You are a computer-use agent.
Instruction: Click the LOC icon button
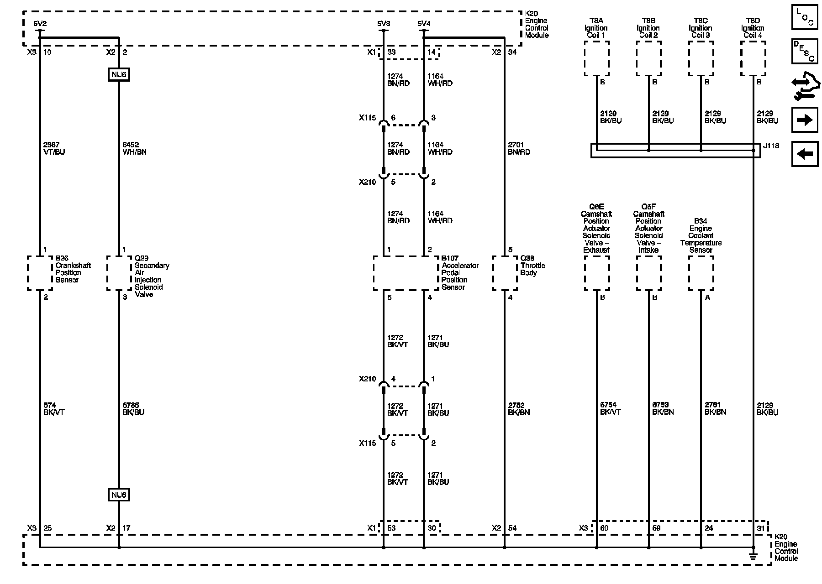[804, 18]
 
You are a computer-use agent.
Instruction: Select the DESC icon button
[804, 51]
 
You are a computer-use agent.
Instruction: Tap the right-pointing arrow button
[804, 120]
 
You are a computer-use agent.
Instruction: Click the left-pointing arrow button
[804, 154]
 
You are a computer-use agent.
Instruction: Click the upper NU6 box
[119, 74]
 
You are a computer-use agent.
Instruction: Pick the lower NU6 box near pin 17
[119, 495]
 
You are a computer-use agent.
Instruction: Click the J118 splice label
[771, 146]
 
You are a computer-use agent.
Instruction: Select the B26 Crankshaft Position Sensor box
[40, 273]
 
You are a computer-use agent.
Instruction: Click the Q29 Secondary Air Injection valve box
[119, 273]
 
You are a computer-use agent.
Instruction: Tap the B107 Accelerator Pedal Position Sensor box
[406, 273]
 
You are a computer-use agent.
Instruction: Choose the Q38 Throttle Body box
[505, 273]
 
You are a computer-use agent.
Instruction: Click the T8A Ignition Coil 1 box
[596, 58]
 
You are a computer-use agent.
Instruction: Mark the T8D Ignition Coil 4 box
[753, 58]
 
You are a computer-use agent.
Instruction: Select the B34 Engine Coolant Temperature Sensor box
[701, 273]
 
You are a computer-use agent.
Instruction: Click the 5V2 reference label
[40, 23]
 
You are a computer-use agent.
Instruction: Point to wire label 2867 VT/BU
[54, 148]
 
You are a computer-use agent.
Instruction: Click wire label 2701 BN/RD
[519, 148]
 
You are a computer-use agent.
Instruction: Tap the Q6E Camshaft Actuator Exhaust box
[596, 273]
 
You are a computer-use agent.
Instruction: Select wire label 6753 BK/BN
[663, 408]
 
